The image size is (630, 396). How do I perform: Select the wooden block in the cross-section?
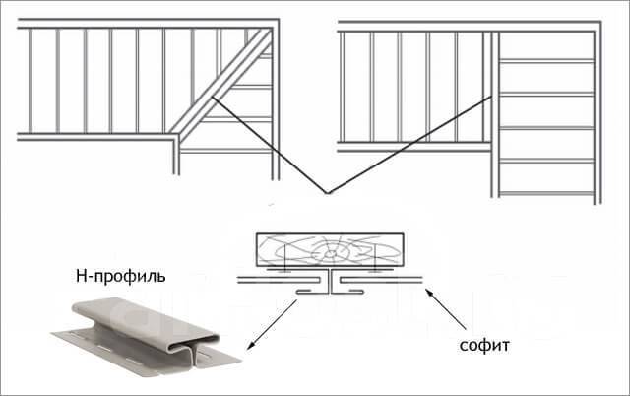click(x=329, y=248)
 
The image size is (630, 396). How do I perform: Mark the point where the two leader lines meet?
click(x=329, y=191)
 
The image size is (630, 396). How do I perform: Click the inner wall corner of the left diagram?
click(x=177, y=141)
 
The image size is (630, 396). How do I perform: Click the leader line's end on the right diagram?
click(x=492, y=99)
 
